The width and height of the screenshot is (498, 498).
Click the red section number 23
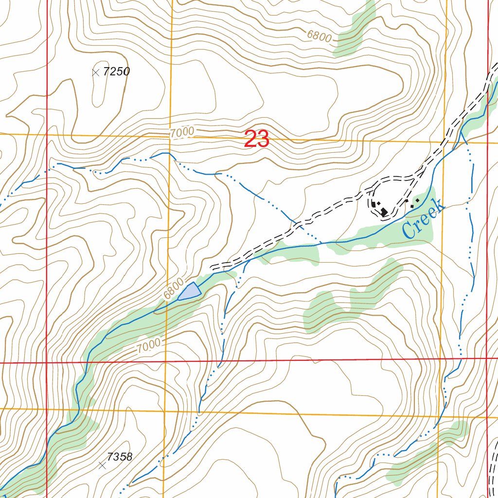click(256, 140)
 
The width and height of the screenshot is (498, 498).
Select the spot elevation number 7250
click(117, 71)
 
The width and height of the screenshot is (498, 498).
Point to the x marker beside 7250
click(96, 72)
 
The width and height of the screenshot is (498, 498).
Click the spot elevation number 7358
click(120, 457)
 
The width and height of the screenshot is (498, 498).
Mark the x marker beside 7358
click(102, 465)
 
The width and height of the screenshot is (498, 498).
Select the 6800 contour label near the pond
click(174, 289)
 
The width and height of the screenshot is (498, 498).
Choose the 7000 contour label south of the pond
click(148, 346)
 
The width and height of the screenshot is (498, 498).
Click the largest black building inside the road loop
click(384, 212)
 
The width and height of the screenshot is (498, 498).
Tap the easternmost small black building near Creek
click(417, 200)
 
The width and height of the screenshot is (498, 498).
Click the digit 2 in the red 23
click(250, 140)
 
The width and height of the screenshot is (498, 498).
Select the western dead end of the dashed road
click(211, 267)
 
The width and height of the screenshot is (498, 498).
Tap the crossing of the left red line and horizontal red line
click(46, 363)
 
